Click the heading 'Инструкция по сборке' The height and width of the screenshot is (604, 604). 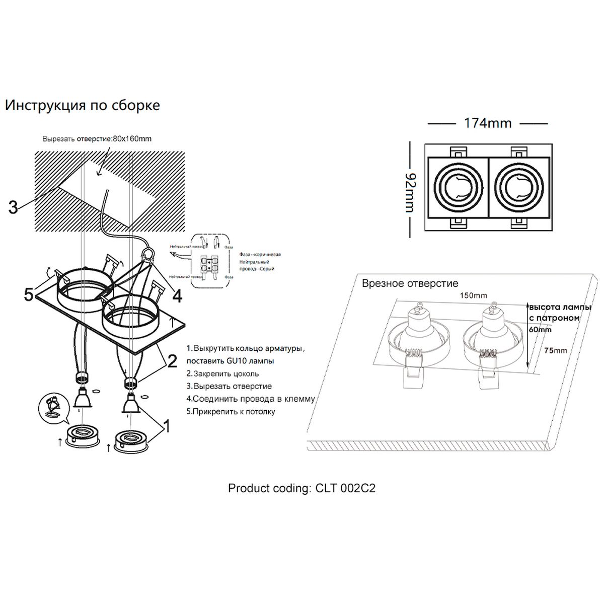click(83, 105)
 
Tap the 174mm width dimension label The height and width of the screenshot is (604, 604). click(487, 123)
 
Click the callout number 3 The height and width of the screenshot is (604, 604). click(13, 207)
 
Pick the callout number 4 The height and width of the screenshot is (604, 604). click(177, 296)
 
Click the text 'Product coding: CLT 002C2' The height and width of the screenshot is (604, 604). click(301, 488)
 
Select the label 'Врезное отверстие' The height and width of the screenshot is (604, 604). click(410, 284)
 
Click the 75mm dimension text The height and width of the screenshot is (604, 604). click(556, 350)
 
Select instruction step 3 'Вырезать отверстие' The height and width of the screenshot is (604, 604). click(229, 386)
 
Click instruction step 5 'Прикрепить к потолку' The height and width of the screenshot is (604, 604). click(231, 412)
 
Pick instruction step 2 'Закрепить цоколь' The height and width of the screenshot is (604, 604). click(222, 373)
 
